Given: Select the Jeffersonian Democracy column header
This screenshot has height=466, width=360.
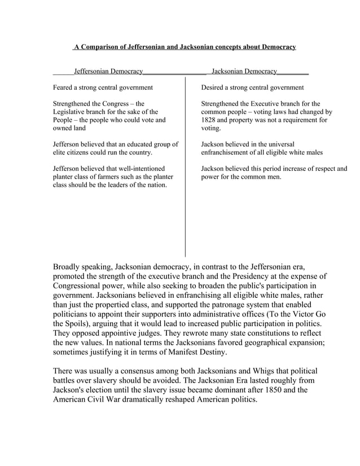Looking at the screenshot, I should click(x=108, y=72).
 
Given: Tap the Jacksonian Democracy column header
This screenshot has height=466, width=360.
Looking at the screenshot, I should click(x=244, y=72).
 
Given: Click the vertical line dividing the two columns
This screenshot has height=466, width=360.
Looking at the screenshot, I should click(x=185, y=169).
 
